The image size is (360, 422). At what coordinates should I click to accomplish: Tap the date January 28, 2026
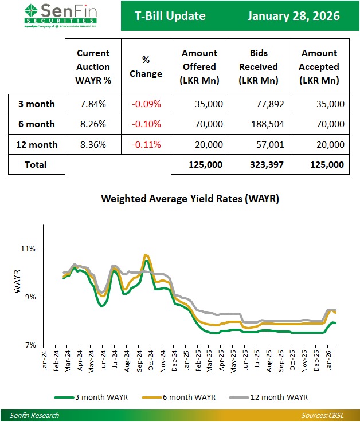[x=294, y=16]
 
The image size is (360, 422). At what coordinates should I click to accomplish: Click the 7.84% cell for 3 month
[x=93, y=104]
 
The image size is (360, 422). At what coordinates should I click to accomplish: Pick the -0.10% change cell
[x=146, y=124]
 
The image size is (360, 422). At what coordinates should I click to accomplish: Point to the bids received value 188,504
[x=260, y=124]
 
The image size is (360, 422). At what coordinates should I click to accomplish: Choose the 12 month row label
[x=36, y=144]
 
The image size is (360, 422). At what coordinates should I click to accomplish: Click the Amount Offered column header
[x=199, y=67]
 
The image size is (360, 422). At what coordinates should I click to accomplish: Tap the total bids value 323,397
[x=260, y=164]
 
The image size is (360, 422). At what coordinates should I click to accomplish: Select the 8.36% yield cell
[x=93, y=144]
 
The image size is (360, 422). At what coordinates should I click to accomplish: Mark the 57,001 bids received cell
[x=260, y=144]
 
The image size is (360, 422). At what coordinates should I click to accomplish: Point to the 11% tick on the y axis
[x=29, y=249]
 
